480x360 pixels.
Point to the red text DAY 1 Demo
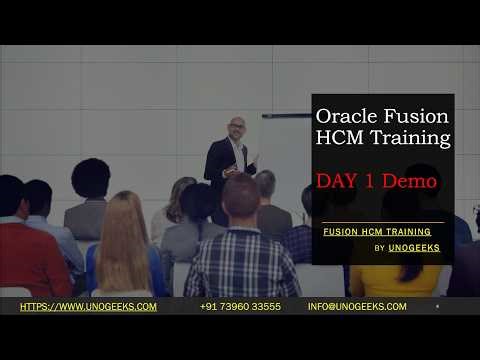(376, 182)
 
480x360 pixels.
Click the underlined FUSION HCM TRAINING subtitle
(377, 231)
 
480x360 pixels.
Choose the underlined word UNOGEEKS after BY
(414, 248)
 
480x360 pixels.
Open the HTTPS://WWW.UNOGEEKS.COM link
(88, 307)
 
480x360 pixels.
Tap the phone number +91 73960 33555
(240, 307)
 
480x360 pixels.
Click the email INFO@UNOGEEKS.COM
(357, 307)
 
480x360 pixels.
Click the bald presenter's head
(236, 127)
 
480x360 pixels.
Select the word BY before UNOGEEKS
(380, 248)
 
